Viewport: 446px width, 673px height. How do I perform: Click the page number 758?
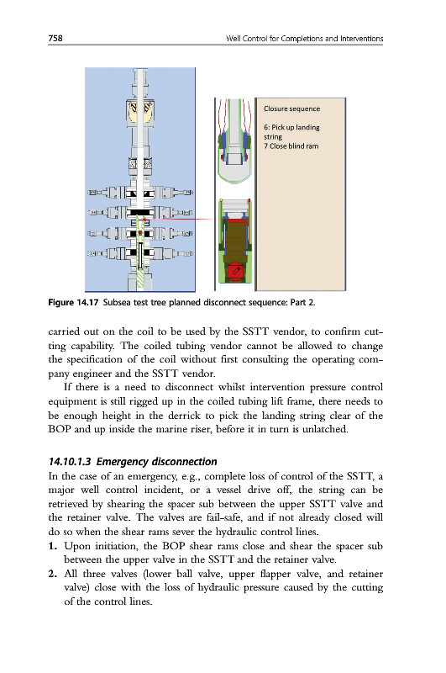click(x=55, y=38)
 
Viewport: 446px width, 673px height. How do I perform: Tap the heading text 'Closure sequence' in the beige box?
click(x=291, y=109)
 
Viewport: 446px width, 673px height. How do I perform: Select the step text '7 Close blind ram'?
click(x=291, y=146)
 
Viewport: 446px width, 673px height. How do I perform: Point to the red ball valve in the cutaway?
click(x=234, y=272)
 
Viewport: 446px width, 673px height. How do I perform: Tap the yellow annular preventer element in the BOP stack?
click(x=140, y=112)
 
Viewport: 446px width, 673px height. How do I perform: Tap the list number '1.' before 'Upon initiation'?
click(x=53, y=546)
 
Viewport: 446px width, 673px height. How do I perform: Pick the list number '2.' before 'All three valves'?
click(x=53, y=574)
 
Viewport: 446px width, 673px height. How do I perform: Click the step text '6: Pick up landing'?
click(x=291, y=128)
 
